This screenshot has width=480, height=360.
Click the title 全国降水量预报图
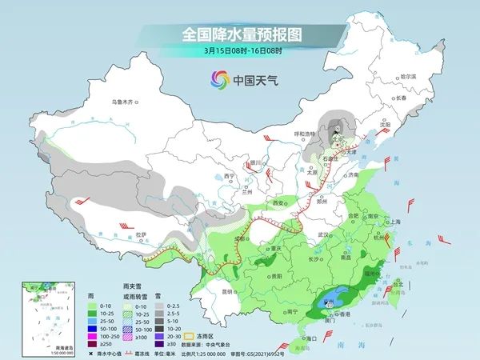pos(240,35)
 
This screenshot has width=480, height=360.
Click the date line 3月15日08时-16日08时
pos(240,50)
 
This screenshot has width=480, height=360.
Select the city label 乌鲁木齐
pos(124,102)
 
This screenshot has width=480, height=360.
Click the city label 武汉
pos(322,234)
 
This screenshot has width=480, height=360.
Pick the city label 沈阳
pos(387,125)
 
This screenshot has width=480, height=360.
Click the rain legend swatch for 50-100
pos(94,328)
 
